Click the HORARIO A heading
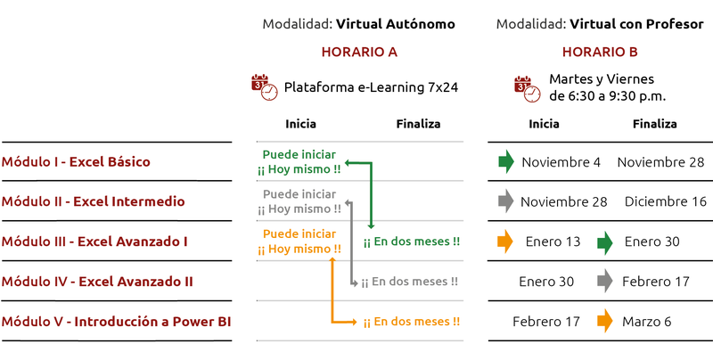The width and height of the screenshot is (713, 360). pos(359,52)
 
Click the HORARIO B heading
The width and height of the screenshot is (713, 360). pos(600,52)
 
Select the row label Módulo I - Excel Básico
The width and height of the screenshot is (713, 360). pos(76,162)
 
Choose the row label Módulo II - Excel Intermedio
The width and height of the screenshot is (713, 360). pos(94,201)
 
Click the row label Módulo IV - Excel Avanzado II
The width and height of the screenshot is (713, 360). pos(97,282)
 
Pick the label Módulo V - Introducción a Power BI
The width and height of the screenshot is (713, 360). pos(117,322)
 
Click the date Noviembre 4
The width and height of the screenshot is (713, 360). pos(561,162)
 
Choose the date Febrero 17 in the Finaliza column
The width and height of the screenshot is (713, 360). pos(656,282)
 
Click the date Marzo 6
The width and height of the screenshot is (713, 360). pos(647,321)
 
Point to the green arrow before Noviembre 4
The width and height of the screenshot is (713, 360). pos(506,161)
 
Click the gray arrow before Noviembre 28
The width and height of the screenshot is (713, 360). pos(506,201)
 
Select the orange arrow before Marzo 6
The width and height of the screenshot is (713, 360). pos(605,321)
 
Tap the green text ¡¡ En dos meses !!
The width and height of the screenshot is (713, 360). pos(412,241)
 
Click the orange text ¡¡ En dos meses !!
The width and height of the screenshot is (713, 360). pos(412,322)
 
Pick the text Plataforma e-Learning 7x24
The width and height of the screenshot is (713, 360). pos(371,88)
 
